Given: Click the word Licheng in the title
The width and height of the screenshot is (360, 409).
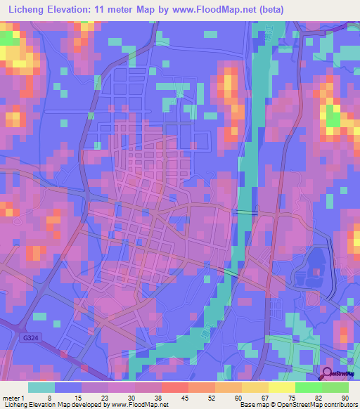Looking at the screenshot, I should [27, 9].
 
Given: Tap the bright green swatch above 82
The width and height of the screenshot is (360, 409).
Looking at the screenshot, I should [308, 387].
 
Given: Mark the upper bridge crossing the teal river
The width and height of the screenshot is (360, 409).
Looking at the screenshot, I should [245, 212].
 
